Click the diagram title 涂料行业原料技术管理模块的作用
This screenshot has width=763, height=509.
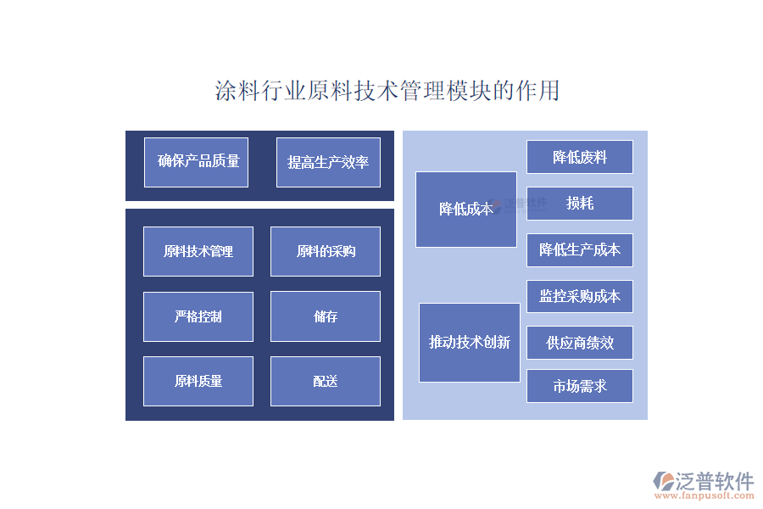pyautogui.click(x=387, y=91)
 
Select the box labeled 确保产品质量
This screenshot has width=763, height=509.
pyautogui.click(x=196, y=162)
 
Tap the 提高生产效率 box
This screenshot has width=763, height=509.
pyautogui.click(x=328, y=162)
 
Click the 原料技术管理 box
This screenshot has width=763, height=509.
pyautogui.click(x=198, y=251)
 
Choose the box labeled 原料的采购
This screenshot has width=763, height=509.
pyautogui.click(x=326, y=251)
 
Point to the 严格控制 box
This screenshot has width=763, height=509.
pyautogui.click(x=198, y=316)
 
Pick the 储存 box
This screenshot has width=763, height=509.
pyautogui.click(x=326, y=316)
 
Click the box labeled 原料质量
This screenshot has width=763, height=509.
pyautogui.click(x=198, y=382)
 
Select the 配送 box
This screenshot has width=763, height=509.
pyautogui.click(x=326, y=382)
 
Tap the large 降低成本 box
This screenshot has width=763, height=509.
pyautogui.click(x=466, y=210)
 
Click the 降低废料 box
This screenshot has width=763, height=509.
pyautogui.click(x=580, y=157)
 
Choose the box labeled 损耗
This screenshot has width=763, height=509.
pyautogui.click(x=580, y=204)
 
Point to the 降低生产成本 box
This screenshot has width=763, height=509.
pyautogui.click(x=580, y=250)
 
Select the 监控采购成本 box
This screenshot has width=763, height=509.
pyautogui.click(x=580, y=296)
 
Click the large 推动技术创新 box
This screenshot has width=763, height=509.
pyautogui.click(x=470, y=343)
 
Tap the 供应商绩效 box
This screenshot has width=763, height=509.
pyautogui.click(x=580, y=343)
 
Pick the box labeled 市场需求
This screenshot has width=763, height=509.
pyautogui.click(x=580, y=386)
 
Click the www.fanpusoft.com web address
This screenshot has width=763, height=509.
pyautogui.click(x=705, y=495)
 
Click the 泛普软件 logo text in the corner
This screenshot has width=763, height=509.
pyautogui.click(x=715, y=481)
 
